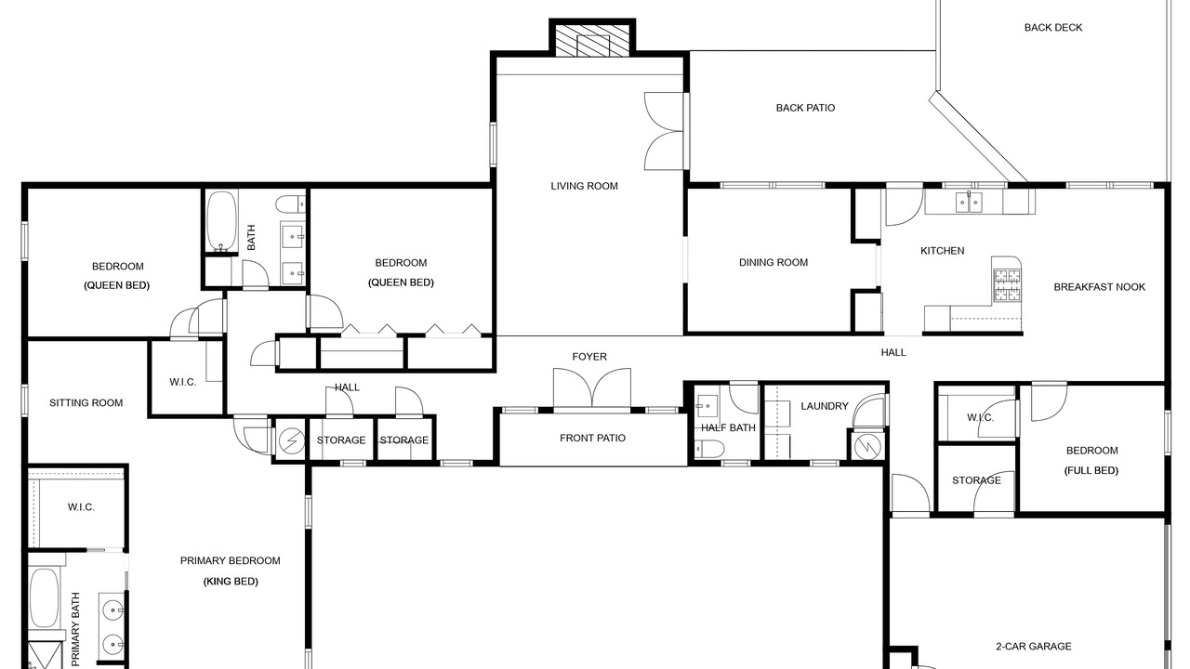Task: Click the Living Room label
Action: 584,187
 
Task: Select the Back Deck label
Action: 1053,28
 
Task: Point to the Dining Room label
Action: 773,262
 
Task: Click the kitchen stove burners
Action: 1008,285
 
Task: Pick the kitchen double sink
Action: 969,202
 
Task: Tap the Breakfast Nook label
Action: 1099,287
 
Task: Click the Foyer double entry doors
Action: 592,388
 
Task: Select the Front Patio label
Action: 592,438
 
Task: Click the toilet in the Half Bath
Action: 709,449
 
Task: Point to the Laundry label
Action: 824,406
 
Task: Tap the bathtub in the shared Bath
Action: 221,221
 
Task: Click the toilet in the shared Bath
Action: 291,203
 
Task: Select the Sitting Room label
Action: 86,403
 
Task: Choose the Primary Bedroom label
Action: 230,560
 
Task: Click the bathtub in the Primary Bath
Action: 44,597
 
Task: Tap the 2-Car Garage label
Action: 1033,646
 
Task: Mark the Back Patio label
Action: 805,108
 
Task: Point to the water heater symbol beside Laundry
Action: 867,447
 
